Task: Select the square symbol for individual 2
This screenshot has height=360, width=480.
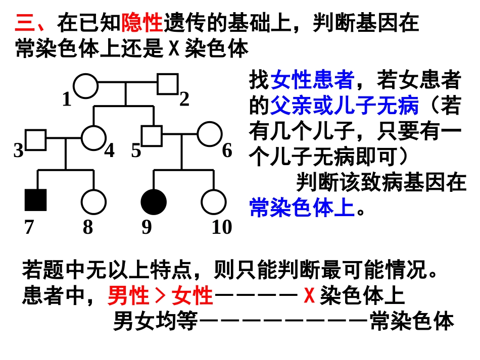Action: point(167,84)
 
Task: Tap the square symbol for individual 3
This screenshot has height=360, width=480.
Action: point(36,140)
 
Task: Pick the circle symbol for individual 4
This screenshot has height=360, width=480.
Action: point(93,137)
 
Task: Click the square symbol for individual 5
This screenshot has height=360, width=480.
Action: point(151,135)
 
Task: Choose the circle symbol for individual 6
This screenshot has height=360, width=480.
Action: point(209,134)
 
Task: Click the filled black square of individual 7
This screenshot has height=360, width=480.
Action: point(36,200)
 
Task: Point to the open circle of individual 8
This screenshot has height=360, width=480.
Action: point(93,201)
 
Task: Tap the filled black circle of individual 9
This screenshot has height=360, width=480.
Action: point(154,201)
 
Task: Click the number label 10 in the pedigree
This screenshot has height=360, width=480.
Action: point(221,228)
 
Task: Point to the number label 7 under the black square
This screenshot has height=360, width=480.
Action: point(29,228)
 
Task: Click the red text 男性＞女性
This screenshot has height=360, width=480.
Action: point(160,296)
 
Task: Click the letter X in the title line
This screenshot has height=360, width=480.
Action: point(173,49)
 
